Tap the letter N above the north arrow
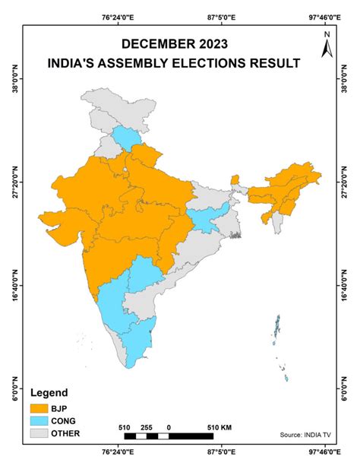(x=326, y=34)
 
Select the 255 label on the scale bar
(x=147, y=427)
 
